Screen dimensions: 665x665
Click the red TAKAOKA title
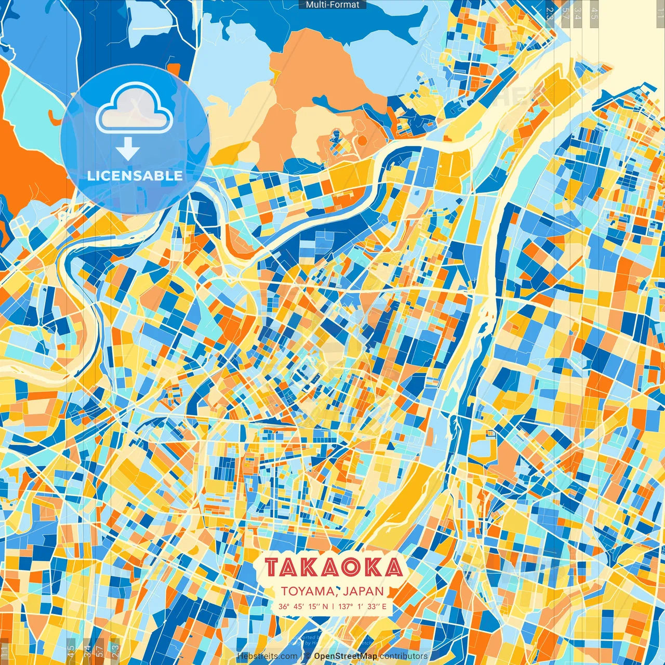[334, 567]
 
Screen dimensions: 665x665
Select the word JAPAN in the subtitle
[367, 591]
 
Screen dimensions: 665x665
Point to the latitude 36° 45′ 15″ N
[303, 606]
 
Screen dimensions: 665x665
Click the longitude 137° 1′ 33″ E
[363, 606]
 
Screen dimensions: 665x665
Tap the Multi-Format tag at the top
[332, 5]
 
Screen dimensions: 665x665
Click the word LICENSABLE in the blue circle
[135, 176]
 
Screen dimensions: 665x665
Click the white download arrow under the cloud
[128, 150]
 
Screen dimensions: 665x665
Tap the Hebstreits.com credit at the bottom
[268, 656]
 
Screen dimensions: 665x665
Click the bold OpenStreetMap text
[345, 656]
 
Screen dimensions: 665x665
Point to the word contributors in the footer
[404, 656]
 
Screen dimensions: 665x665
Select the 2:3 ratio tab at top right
[550, 12]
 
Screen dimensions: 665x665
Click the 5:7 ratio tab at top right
[565, 12]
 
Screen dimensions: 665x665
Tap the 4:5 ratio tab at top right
[594, 12]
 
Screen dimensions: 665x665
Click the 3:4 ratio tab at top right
[578, 12]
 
